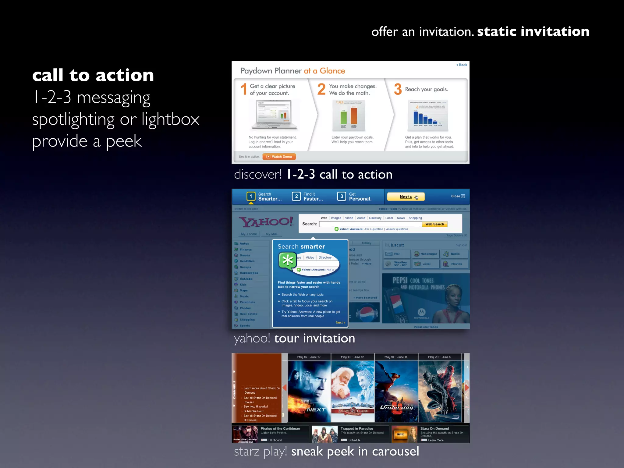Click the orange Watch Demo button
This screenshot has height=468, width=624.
tap(279, 157)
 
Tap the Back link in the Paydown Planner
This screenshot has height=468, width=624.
tap(462, 65)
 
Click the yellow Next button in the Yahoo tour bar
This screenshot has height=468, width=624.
tap(406, 197)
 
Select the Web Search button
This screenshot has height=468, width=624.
tap(434, 224)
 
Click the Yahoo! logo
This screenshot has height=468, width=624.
tap(266, 222)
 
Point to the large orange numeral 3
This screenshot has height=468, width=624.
tap(398, 89)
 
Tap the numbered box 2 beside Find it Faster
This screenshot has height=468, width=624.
tap(296, 197)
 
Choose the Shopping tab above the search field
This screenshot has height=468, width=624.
tap(415, 218)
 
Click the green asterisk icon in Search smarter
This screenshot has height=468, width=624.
tap(288, 261)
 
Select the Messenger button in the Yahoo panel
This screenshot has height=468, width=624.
tap(426, 254)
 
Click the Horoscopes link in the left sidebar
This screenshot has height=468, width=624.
tap(248, 273)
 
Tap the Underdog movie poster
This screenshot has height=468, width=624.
tap(396, 392)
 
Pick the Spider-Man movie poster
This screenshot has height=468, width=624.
tap(440, 392)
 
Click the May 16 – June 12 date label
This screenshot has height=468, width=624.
tap(309, 357)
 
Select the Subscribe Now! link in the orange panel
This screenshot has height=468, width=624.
tap(254, 411)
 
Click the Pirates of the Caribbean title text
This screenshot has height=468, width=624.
tap(280, 429)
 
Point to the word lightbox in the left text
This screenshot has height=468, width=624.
tap(170, 119)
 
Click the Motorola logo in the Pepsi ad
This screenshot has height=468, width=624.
tap(421, 312)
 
